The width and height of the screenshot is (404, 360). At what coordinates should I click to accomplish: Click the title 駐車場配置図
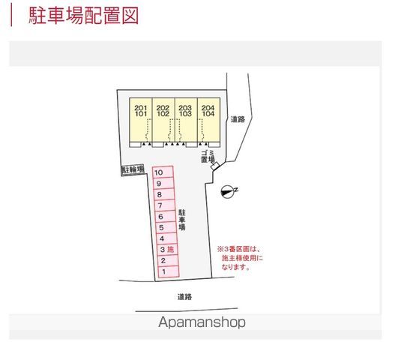tap(83, 16)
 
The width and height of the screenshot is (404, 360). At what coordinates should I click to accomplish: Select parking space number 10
tap(163, 172)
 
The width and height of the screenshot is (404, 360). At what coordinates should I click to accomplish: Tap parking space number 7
tap(165, 205)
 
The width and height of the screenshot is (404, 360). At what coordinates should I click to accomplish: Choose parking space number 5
tap(166, 228)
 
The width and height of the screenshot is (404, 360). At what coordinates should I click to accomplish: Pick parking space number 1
tap(169, 271)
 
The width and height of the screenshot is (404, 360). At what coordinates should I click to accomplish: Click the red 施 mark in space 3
tap(171, 249)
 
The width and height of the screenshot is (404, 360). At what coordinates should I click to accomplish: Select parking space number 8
tap(164, 194)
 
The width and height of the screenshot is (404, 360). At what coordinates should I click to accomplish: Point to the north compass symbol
tap(229, 191)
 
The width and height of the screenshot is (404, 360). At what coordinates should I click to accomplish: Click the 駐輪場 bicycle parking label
tap(133, 169)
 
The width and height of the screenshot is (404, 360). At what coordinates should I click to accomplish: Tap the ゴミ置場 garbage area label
tap(208, 157)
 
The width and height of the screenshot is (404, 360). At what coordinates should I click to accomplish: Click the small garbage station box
tap(215, 166)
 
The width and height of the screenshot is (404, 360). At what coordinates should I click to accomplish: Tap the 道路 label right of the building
tap(238, 119)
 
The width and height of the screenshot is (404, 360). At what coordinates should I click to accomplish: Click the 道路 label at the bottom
tap(184, 297)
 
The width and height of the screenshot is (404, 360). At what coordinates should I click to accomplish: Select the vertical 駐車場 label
tap(182, 220)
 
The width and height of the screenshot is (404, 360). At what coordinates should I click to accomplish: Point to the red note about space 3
tap(241, 258)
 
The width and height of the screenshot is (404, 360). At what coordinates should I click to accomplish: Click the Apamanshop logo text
tap(202, 322)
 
